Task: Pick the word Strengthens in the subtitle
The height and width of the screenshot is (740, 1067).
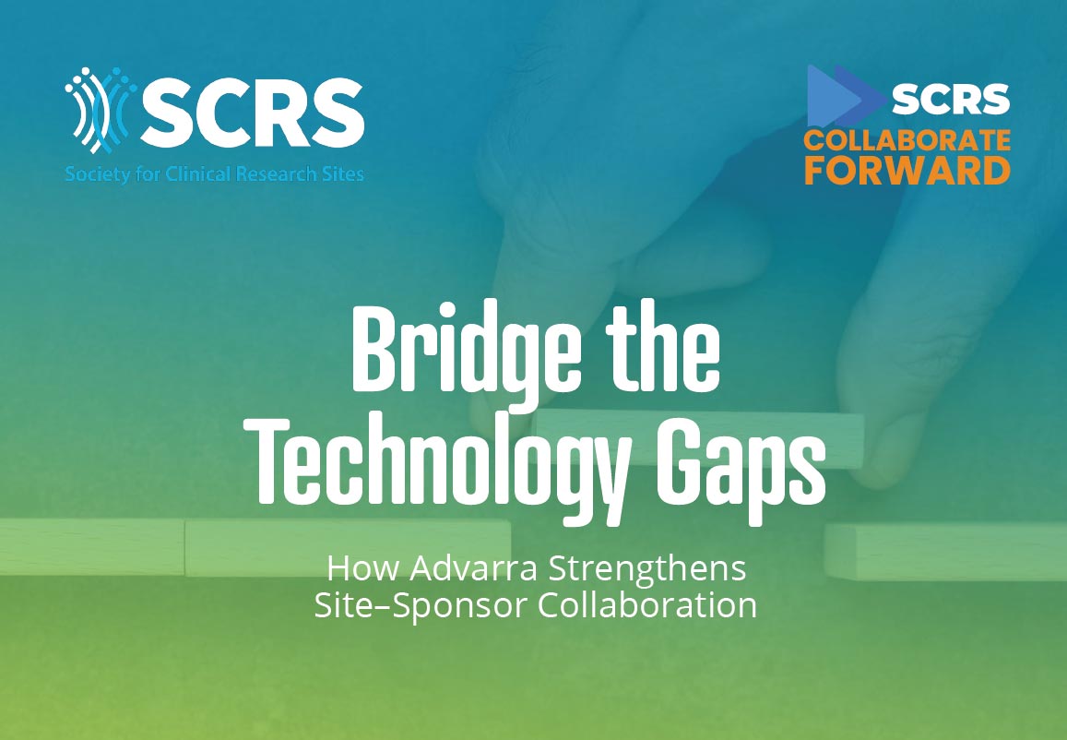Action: pyautogui.click(x=647, y=570)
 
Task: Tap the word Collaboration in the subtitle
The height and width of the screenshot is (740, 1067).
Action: pyautogui.click(x=647, y=605)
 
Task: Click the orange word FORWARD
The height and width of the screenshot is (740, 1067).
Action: pyautogui.click(x=907, y=170)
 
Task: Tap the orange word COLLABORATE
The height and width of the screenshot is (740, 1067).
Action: pyautogui.click(x=907, y=141)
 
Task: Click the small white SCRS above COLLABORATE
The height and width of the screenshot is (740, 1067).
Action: pyautogui.click(x=951, y=99)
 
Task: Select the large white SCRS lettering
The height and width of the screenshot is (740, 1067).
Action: pyautogui.click(x=253, y=110)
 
